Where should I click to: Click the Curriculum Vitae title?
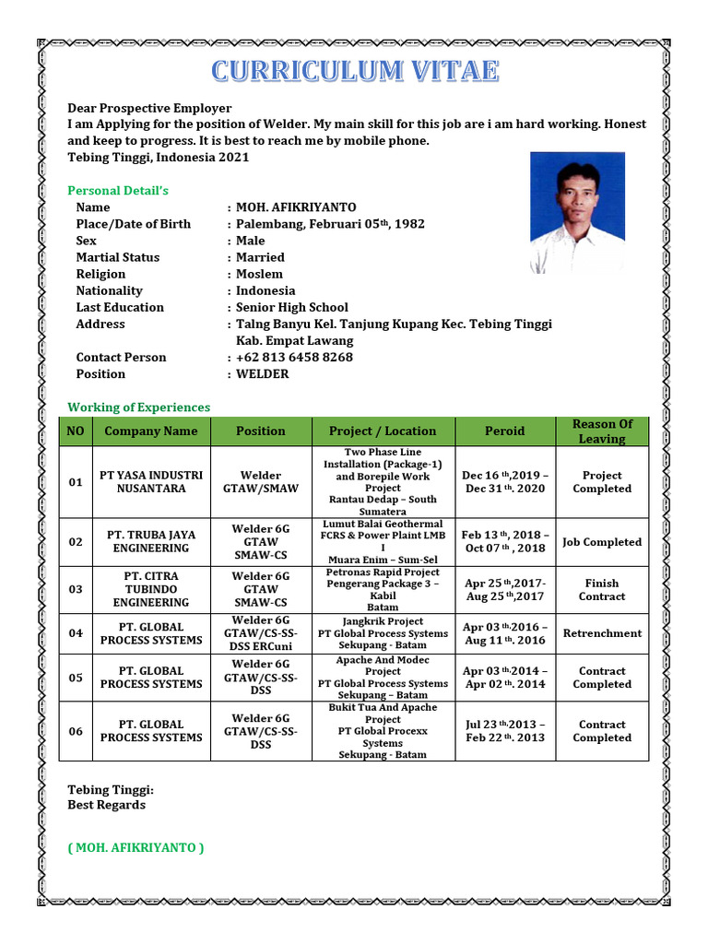pyautogui.click(x=355, y=71)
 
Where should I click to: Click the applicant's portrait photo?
pyautogui.click(x=577, y=213)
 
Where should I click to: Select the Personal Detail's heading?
pyautogui.click(x=118, y=191)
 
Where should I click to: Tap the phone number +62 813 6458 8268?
pyautogui.click(x=294, y=358)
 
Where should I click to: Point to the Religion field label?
pyautogui.click(x=101, y=274)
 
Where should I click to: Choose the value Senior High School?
pyautogui.click(x=292, y=308)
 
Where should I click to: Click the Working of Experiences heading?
pyautogui.click(x=139, y=407)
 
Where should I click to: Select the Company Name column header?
pyautogui.click(x=151, y=431)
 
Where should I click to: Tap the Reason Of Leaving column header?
pyautogui.click(x=602, y=431)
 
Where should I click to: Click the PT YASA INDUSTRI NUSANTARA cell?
pyautogui.click(x=151, y=482)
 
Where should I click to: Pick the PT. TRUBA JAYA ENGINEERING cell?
pyautogui.click(x=151, y=541)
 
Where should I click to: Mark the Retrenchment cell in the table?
pyautogui.click(x=602, y=633)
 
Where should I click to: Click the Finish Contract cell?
pyautogui.click(x=602, y=590)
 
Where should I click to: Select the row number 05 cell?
pyautogui.click(x=76, y=678)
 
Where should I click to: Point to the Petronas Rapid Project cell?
pyautogui.click(x=383, y=589)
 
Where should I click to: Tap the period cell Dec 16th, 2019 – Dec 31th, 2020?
pyautogui.click(x=505, y=482)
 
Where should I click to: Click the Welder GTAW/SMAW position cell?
pyautogui.click(x=261, y=482)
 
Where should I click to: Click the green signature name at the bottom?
pyautogui.click(x=136, y=847)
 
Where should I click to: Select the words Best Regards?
pyautogui.click(x=107, y=805)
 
